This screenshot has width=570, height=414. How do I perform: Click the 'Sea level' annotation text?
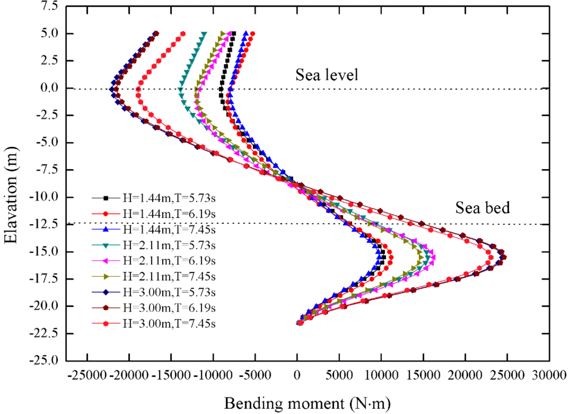click(x=327, y=75)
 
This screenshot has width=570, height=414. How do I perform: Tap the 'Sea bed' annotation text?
click(x=482, y=207)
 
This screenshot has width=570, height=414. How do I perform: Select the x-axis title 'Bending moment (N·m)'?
click(x=307, y=403)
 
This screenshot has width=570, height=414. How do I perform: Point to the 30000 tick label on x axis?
click(x=549, y=375)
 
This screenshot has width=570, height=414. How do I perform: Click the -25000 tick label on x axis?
click(x=87, y=375)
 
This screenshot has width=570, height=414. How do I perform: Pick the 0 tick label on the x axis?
click(x=297, y=375)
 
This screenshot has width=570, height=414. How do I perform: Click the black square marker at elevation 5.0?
click(x=233, y=34)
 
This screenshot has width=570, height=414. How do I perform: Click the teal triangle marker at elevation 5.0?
click(x=204, y=34)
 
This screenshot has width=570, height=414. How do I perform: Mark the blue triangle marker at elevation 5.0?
click(x=246, y=34)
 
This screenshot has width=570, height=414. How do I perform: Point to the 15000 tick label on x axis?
click(x=423, y=375)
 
